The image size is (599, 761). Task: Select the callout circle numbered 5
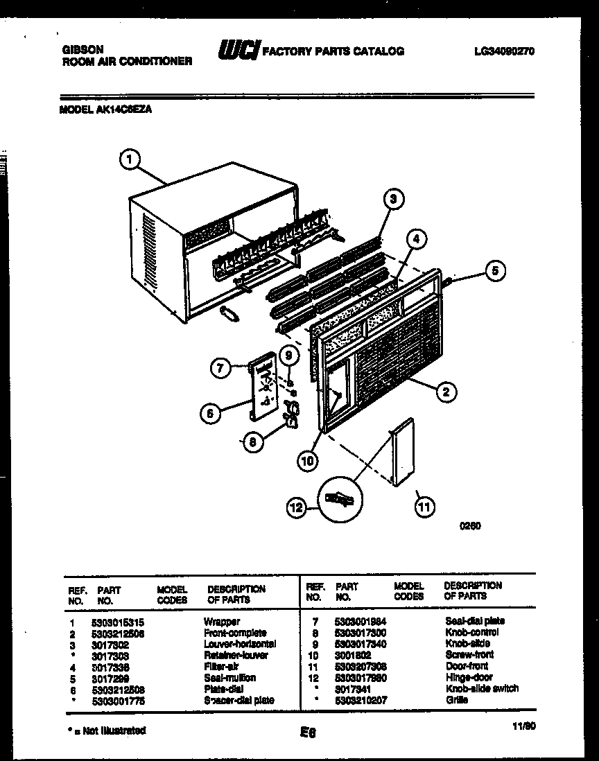coord(495,271)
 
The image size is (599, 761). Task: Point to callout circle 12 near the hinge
coord(296,509)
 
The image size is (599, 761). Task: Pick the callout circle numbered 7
coord(220,369)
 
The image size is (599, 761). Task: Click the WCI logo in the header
coord(238,50)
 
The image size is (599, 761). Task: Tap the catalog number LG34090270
coord(504,51)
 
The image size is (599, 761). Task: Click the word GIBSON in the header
coord(83,50)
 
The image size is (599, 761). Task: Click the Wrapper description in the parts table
coord(221,622)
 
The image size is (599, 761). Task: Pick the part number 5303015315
coord(117,622)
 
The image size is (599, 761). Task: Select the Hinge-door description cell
coord(469,678)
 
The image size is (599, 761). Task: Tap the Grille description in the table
coord(456,700)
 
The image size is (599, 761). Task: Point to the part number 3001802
coord(353,655)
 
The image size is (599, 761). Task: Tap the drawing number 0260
coord(470,525)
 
